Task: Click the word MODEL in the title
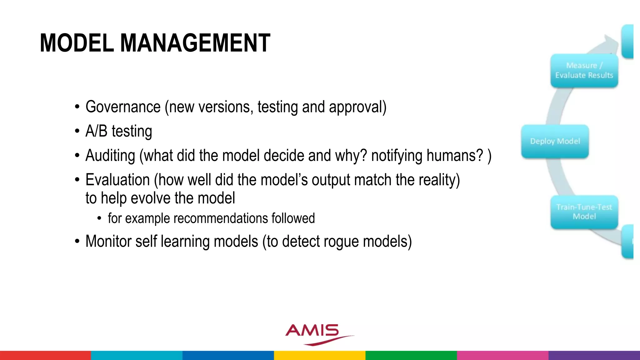click(x=77, y=43)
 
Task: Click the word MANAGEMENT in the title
click(x=195, y=43)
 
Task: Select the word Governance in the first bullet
click(x=123, y=107)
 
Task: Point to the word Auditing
click(x=110, y=156)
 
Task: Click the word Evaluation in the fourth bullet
click(x=117, y=180)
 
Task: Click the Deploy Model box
click(x=555, y=141)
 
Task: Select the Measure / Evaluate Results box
click(x=584, y=71)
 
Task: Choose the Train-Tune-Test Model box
click(x=584, y=212)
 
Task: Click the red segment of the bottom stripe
click(x=45, y=355)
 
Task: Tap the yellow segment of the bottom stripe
click(x=320, y=355)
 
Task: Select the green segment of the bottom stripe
click(x=411, y=355)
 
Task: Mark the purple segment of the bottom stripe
click(x=594, y=355)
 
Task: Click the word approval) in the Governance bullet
click(x=357, y=107)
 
